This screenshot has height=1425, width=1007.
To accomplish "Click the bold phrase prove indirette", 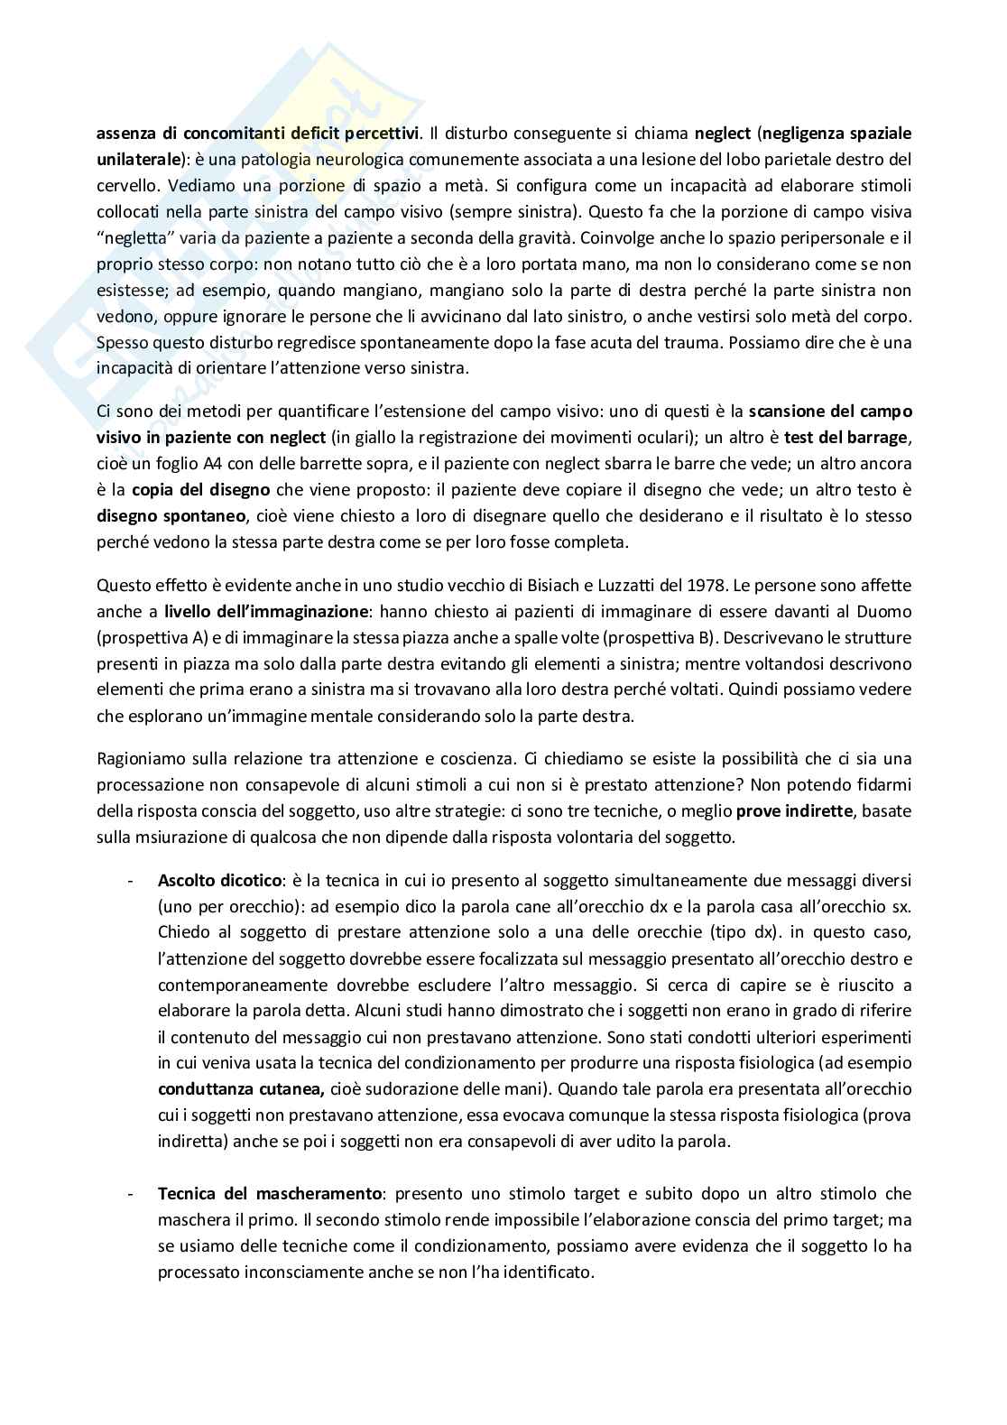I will [x=795, y=810].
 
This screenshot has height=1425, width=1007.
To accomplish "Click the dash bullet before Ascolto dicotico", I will [x=132, y=880].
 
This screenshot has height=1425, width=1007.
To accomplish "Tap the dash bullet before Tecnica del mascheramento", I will [x=132, y=1193].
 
